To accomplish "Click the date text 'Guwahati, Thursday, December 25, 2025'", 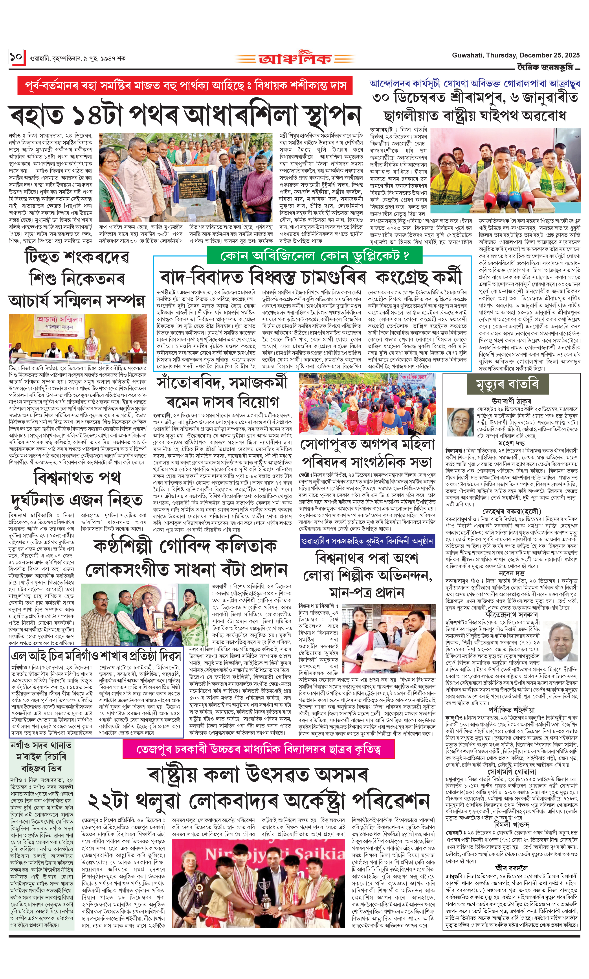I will pos(515,55).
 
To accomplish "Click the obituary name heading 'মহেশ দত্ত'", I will pos(511,443).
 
